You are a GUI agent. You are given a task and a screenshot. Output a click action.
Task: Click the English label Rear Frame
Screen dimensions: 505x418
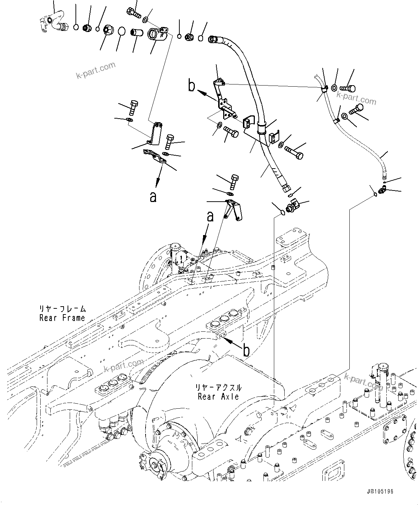(x=62, y=318)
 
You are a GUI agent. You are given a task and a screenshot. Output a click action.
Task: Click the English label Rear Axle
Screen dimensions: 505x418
(x=218, y=396)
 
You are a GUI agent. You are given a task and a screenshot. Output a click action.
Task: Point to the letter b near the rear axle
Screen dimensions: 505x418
(x=246, y=351)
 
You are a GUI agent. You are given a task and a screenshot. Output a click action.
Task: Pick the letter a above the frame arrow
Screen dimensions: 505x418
(x=210, y=217)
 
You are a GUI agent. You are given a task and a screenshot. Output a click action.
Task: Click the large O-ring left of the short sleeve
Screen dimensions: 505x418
(x=122, y=32)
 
